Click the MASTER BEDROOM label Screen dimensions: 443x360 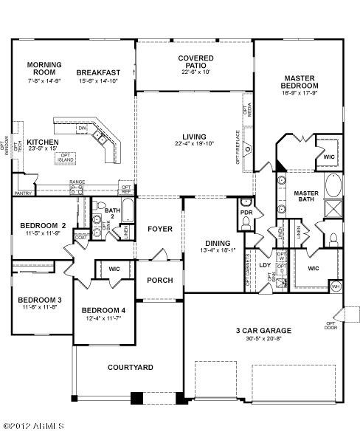tap(300, 81)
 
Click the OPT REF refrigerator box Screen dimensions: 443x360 tap(126, 190)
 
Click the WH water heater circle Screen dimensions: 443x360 tap(336, 285)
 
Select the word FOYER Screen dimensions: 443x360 tap(159, 229)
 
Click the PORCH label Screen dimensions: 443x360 tap(159, 280)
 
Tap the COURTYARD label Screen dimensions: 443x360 tap(130, 367)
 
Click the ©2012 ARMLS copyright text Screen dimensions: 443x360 tap(33, 426)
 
